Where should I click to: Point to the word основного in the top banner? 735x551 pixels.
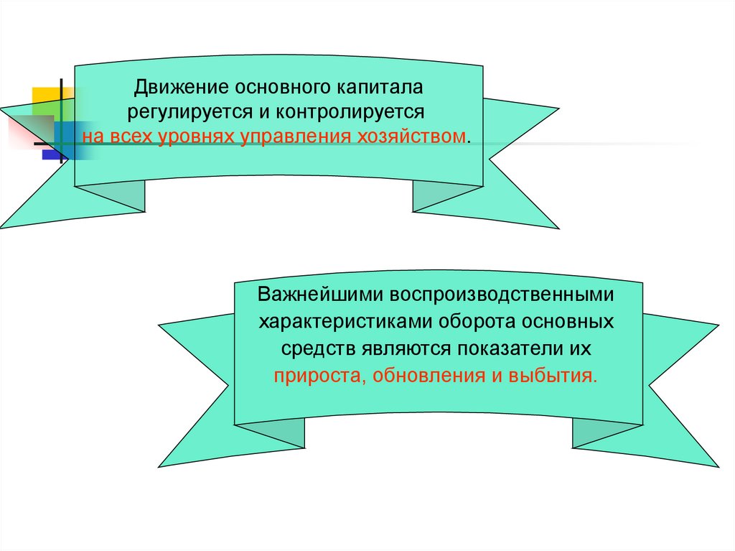click(x=281, y=89)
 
